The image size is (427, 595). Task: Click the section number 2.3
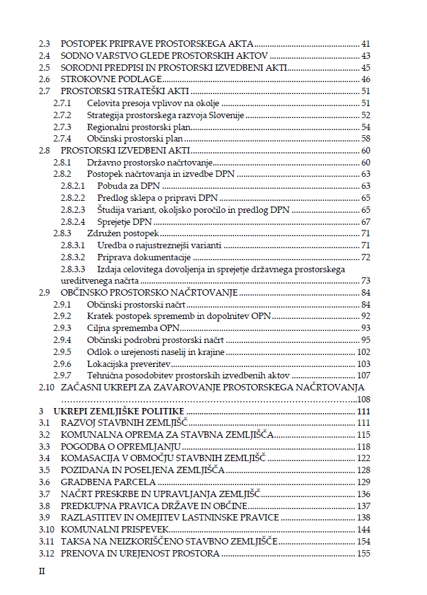pos(44,44)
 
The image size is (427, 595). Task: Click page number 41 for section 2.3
pos(365,44)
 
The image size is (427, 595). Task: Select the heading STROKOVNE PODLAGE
pos(112,80)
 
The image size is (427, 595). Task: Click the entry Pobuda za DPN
pos(129,186)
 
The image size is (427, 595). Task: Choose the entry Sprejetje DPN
pos(125,222)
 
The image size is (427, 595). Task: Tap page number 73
pos(365,281)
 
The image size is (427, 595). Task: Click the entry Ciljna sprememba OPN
pos(133,328)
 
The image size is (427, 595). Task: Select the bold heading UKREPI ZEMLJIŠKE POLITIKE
pos(119,411)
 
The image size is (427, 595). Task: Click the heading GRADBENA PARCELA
pos(108,482)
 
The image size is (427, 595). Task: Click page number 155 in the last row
pos(363,553)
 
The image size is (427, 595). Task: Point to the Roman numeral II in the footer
pos(42,571)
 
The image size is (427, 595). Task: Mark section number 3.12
pos(46,553)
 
